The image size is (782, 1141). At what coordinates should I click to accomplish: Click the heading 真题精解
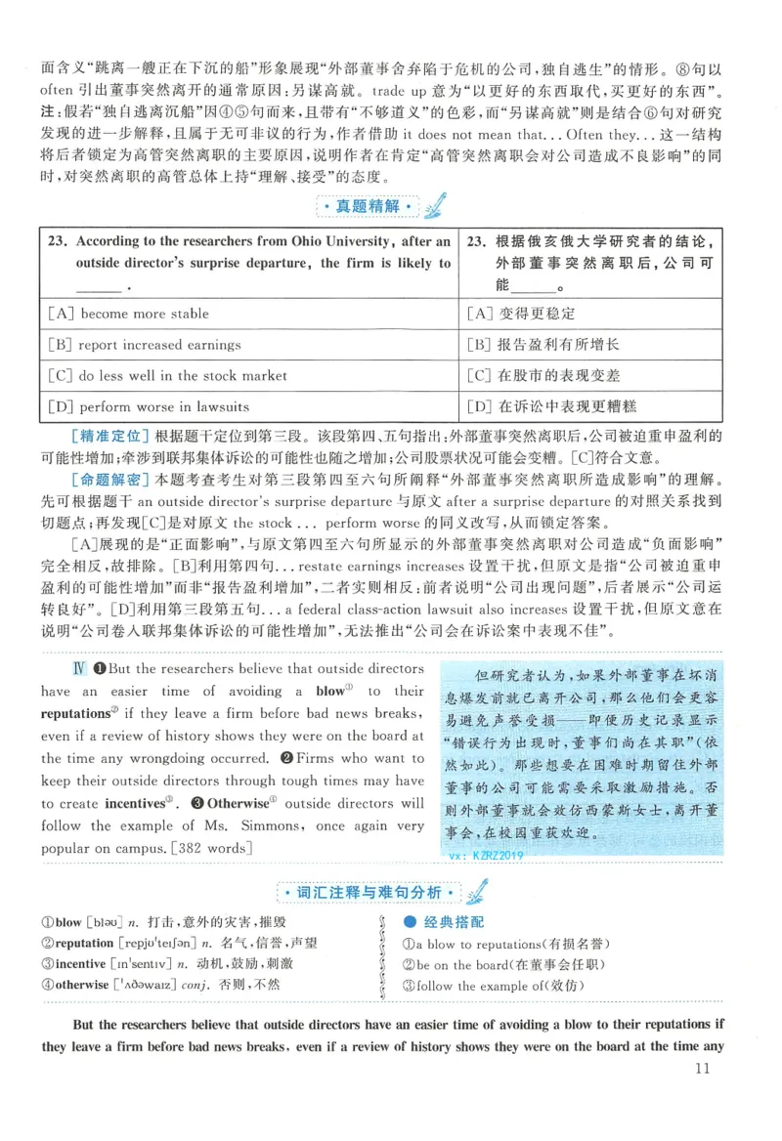coord(369,207)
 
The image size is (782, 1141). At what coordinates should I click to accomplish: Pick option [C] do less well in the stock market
coord(167,375)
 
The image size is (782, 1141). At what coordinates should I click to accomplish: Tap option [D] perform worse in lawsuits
coord(148,406)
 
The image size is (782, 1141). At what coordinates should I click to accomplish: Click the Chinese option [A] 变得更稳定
coord(521,314)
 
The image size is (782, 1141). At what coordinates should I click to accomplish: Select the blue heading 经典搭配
coord(453,921)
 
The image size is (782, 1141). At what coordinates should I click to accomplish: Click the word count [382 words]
coord(212,848)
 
